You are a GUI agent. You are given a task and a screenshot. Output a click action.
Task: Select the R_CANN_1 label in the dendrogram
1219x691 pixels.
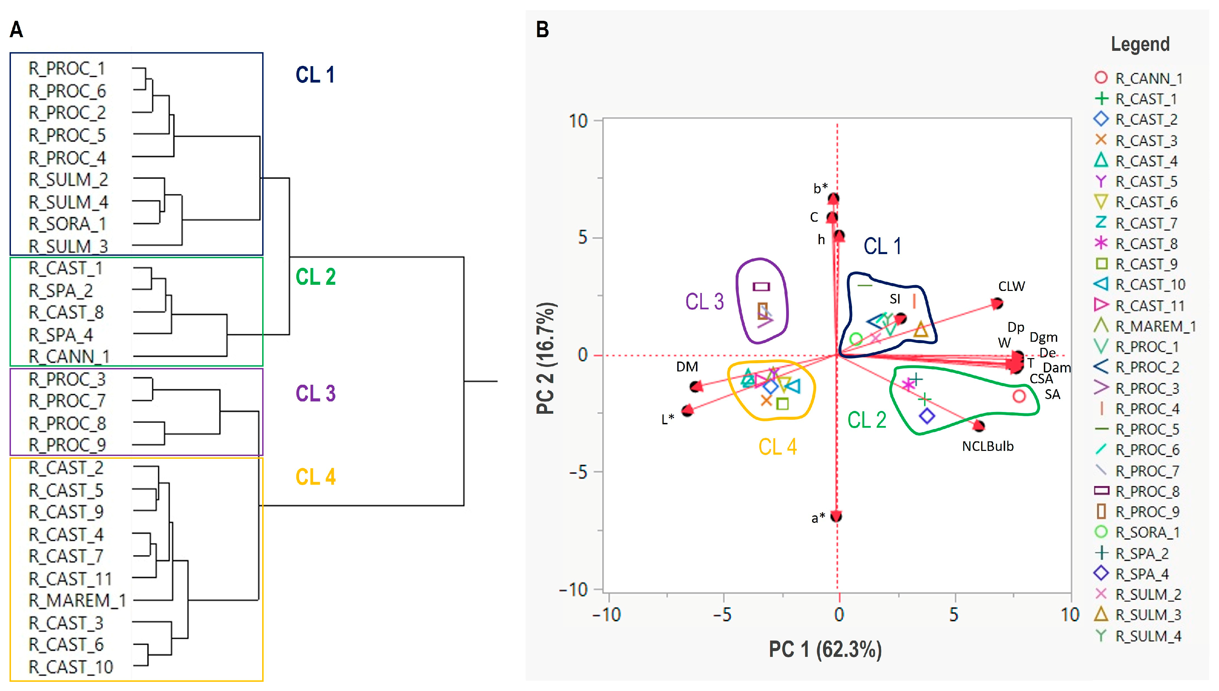(x=69, y=356)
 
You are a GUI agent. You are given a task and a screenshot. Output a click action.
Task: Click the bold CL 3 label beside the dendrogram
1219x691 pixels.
(x=315, y=394)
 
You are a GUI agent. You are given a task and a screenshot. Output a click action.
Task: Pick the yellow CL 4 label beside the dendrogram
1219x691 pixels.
(x=315, y=477)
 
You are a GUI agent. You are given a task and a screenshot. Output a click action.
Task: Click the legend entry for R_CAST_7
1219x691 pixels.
(x=1146, y=223)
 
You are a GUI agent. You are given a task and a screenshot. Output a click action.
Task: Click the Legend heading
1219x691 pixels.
(x=1140, y=44)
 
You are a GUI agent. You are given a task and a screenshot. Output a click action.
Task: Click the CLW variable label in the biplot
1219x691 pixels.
(x=1011, y=286)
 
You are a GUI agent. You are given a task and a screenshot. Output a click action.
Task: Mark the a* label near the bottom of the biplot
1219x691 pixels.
(x=818, y=518)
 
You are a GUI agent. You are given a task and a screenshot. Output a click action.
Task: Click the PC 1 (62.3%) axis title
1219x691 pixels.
(x=825, y=649)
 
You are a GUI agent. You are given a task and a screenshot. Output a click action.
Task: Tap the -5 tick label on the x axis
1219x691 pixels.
(x=723, y=615)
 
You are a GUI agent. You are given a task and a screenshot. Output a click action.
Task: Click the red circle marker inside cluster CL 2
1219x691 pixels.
(x=1019, y=396)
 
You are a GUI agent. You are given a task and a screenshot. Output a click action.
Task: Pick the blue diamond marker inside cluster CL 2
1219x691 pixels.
(x=927, y=416)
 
